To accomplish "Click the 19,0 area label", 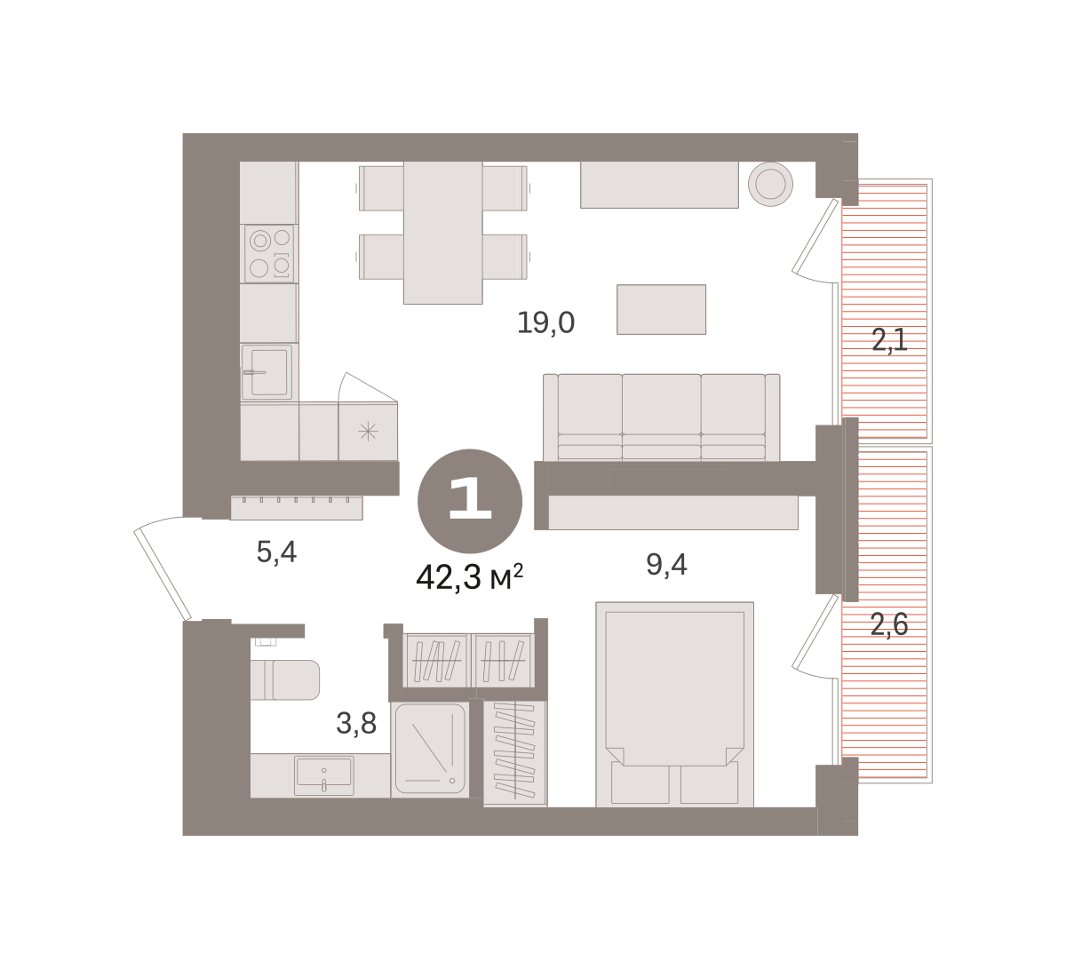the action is pos(545,322).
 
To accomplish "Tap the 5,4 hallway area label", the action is pos(276,552).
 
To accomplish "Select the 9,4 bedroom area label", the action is pos(666,564).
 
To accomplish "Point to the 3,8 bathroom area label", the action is pos(356,724).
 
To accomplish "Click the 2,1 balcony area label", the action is pos(889,340).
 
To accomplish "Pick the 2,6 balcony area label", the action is pos(889,624).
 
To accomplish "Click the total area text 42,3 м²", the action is pos(470,577).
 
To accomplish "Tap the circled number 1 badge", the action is pos(470,501).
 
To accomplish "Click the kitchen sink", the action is pos(266,372).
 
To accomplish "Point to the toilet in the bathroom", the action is pos(285,679).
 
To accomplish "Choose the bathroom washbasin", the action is pos(323,775).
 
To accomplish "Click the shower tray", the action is pos(430,750).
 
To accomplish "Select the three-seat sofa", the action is pos(662,417).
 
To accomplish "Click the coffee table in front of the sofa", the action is pos(661,309).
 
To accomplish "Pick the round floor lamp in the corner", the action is pos(770,184).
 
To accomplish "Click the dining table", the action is pos(442,233).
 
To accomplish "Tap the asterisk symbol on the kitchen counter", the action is pos(368,431).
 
